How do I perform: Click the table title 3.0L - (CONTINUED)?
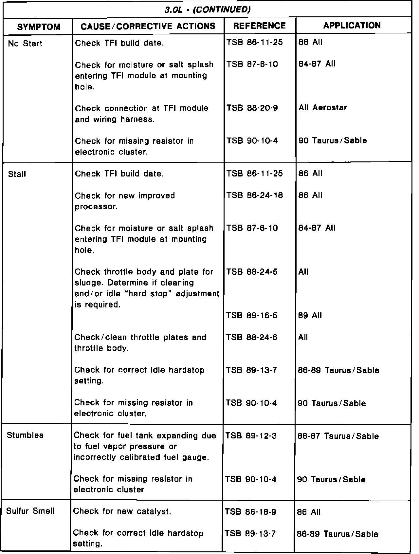208,9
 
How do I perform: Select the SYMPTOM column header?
39,27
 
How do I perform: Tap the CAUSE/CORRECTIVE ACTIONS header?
148,26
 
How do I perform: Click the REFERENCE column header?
260,26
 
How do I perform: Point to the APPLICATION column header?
352,26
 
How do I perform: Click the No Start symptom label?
25,44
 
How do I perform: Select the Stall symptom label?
17,174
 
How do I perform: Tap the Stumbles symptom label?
25,435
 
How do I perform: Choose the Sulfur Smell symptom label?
30,511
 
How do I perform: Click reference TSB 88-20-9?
252,108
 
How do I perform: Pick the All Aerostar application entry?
322,108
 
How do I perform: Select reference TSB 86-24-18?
254,195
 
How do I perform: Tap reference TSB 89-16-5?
252,315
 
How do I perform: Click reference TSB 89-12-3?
251,435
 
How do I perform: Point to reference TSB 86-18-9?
251,512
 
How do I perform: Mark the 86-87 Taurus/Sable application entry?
338,436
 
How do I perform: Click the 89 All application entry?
310,315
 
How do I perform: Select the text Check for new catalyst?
122,511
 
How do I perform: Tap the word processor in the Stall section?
96,207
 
